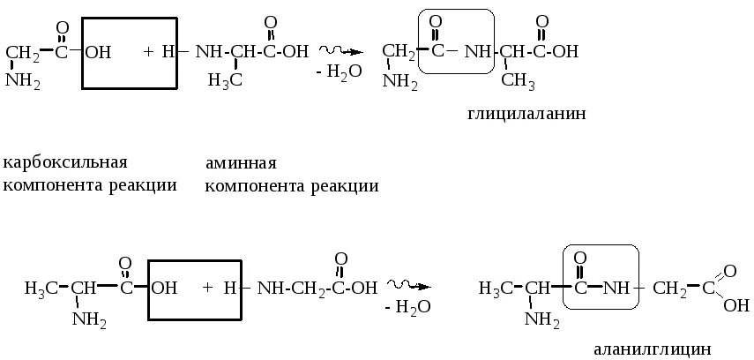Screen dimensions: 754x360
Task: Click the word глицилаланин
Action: point(526,114)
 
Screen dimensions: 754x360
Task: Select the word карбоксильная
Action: point(66,163)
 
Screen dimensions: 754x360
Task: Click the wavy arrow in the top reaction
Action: point(340,50)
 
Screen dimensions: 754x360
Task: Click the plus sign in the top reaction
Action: point(148,52)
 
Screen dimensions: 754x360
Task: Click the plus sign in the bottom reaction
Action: point(208,288)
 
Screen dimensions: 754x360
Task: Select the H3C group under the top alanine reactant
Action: point(225,80)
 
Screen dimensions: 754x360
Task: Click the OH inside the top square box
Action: point(98,52)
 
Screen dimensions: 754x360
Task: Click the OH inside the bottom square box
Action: point(165,288)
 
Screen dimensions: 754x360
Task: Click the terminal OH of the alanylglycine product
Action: point(735,305)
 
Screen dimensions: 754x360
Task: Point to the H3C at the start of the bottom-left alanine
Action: point(40,288)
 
